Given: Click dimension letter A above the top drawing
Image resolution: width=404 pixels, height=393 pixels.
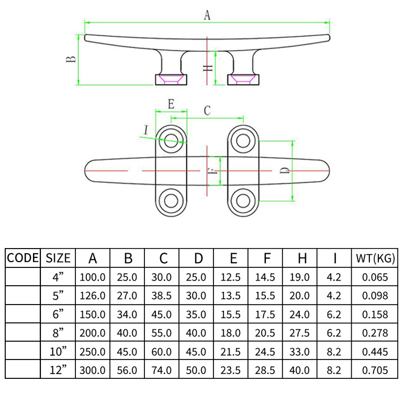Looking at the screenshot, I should pos(207,16).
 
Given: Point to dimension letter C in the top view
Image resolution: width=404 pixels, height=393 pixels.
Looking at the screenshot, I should pos(207,110).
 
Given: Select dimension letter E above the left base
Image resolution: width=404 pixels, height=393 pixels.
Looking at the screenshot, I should pos(171,104).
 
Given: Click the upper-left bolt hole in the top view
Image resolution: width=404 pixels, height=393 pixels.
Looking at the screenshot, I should pos(171,140).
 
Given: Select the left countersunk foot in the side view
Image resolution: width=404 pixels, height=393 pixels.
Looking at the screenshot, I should pos(171,80).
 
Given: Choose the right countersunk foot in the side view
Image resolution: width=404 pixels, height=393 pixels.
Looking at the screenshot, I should pos(243,80).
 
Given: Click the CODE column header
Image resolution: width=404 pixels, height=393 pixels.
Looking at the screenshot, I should pos(23,257).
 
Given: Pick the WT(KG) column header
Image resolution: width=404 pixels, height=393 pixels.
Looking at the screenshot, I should pos(375,257).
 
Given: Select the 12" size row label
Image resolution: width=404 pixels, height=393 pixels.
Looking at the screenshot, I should pos(58,370).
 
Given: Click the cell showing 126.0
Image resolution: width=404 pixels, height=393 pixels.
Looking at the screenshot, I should pos(93,296).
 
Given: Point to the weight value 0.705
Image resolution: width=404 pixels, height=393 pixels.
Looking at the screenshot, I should pos(375,370).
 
